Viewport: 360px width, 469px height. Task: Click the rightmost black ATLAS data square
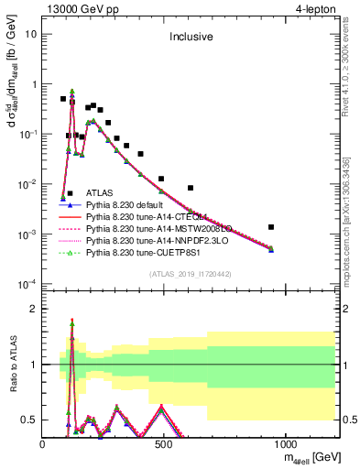coord(322,226)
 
